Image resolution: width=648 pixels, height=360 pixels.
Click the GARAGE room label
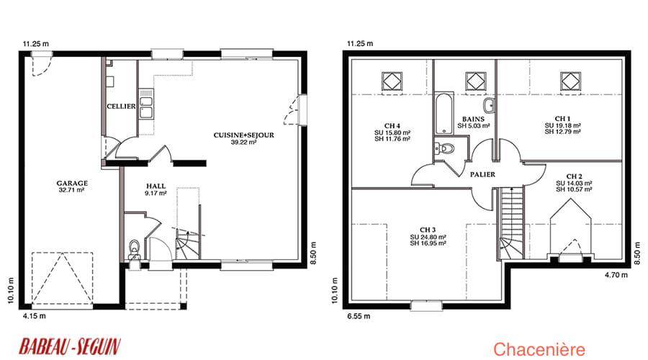pyautogui.click(x=72, y=183)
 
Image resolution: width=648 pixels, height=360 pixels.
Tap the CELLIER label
pyautogui.click(x=121, y=107)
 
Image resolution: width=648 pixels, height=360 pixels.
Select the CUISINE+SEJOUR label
pyautogui.click(x=244, y=135)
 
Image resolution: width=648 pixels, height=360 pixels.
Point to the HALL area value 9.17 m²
pyautogui.click(x=156, y=193)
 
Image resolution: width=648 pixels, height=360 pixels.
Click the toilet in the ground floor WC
pyautogui.click(x=135, y=247)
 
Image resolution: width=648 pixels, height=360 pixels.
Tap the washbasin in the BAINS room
pyautogui.click(x=490, y=105)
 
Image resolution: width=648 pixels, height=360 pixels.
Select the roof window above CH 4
pyautogui.click(x=392, y=81)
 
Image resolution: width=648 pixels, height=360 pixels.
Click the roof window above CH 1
pyautogui.click(x=570, y=81)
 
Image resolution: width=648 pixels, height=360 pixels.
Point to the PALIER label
pyautogui.click(x=482, y=175)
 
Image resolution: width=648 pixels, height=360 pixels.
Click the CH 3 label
pyautogui.click(x=428, y=230)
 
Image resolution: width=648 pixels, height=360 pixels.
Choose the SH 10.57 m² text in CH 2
pyautogui.click(x=574, y=189)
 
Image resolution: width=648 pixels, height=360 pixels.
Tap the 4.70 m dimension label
pyautogui.click(x=616, y=274)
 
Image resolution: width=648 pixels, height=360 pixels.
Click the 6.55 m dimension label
pyautogui.click(x=359, y=316)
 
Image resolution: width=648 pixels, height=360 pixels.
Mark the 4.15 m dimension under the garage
pyautogui.click(x=35, y=316)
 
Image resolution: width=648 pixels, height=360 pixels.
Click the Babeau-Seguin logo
pyautogui.click(x=70, y=346)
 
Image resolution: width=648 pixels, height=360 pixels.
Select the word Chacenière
pyautogui.click(x=539, y=349)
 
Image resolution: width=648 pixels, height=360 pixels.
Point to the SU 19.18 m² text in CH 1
pyautogui.click(x=563, y=125)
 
